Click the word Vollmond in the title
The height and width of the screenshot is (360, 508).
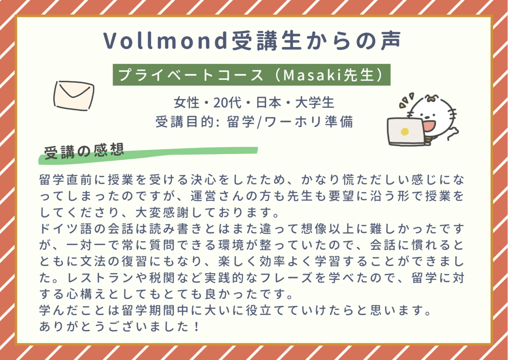click(165, 41)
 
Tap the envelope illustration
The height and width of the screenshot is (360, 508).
click(74, 96)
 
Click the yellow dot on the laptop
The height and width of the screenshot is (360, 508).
click(405, 132)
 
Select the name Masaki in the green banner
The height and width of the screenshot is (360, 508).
click(313, 75)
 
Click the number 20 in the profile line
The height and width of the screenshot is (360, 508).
click(220, 103)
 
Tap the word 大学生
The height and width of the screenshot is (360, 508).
click(315, 103)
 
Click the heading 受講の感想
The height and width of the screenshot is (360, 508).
click(84, 151)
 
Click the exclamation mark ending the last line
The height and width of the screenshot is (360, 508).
click(197, 327)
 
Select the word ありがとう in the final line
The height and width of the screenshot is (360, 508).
click(72, 327)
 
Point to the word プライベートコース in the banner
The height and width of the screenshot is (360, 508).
click(190, 75)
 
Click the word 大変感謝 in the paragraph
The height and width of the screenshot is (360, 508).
click(162, 212)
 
